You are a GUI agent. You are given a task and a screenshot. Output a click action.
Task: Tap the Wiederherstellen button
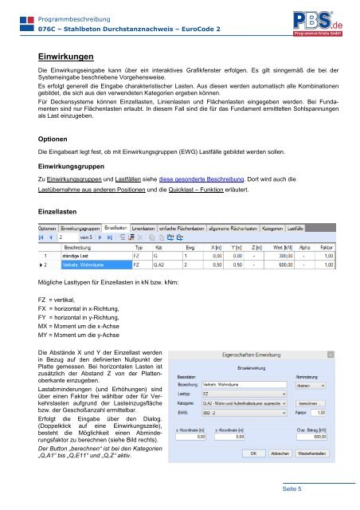[x=314, y=453]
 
